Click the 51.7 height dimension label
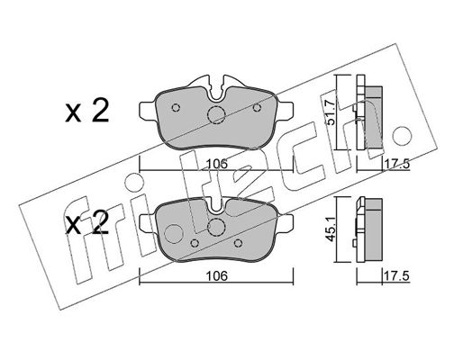(x=331, y=112)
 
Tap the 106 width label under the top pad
(x=216, y=164)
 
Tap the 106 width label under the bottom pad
(x=216, y=276)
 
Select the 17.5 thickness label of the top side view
(x=397, y=165)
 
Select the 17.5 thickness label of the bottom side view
(x=397, y=276)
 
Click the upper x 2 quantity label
(x=87, y=112)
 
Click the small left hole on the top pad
(x=176, y=107)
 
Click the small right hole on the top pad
(x=257, y=107)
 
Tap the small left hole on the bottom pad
(x=195, y=243)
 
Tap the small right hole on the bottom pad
(x=238, y=243)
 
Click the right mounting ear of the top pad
(x=286, y=110)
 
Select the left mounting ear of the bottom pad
(x=148, y=222)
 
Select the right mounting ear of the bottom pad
(x=286, y=222)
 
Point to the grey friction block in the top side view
(x=374, y=117)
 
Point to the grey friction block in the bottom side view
(x=373, y=229)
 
